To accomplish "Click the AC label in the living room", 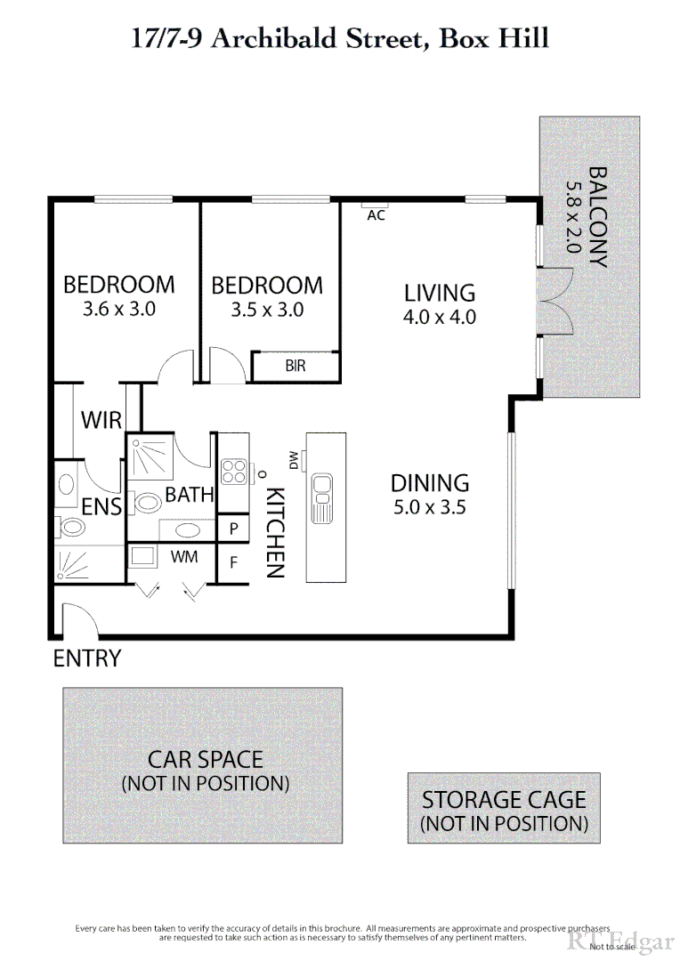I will (376, 215).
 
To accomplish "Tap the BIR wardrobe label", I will (295, 367).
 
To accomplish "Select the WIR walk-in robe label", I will (101, 420).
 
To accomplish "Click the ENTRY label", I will (86, 658).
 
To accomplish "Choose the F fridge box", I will (234, 562).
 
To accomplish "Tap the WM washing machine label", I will (184, 557).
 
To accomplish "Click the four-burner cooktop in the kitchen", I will (234, 471).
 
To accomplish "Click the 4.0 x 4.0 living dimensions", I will (440, 317).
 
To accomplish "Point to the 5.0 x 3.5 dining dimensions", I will (431, 508).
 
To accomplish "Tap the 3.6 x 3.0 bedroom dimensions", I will (118, 310).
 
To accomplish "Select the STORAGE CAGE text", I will (504, 799).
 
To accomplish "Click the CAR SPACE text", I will (206, 759).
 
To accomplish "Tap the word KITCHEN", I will (276, 532).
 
